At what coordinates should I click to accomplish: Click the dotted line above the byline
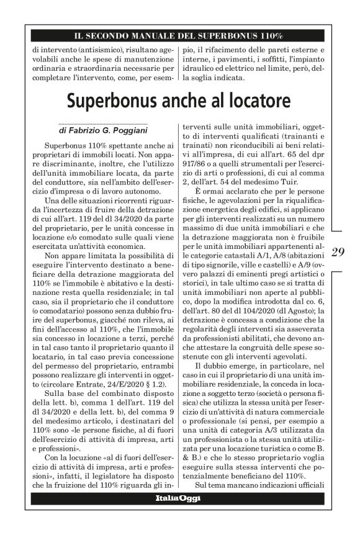(x=103, y=124)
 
